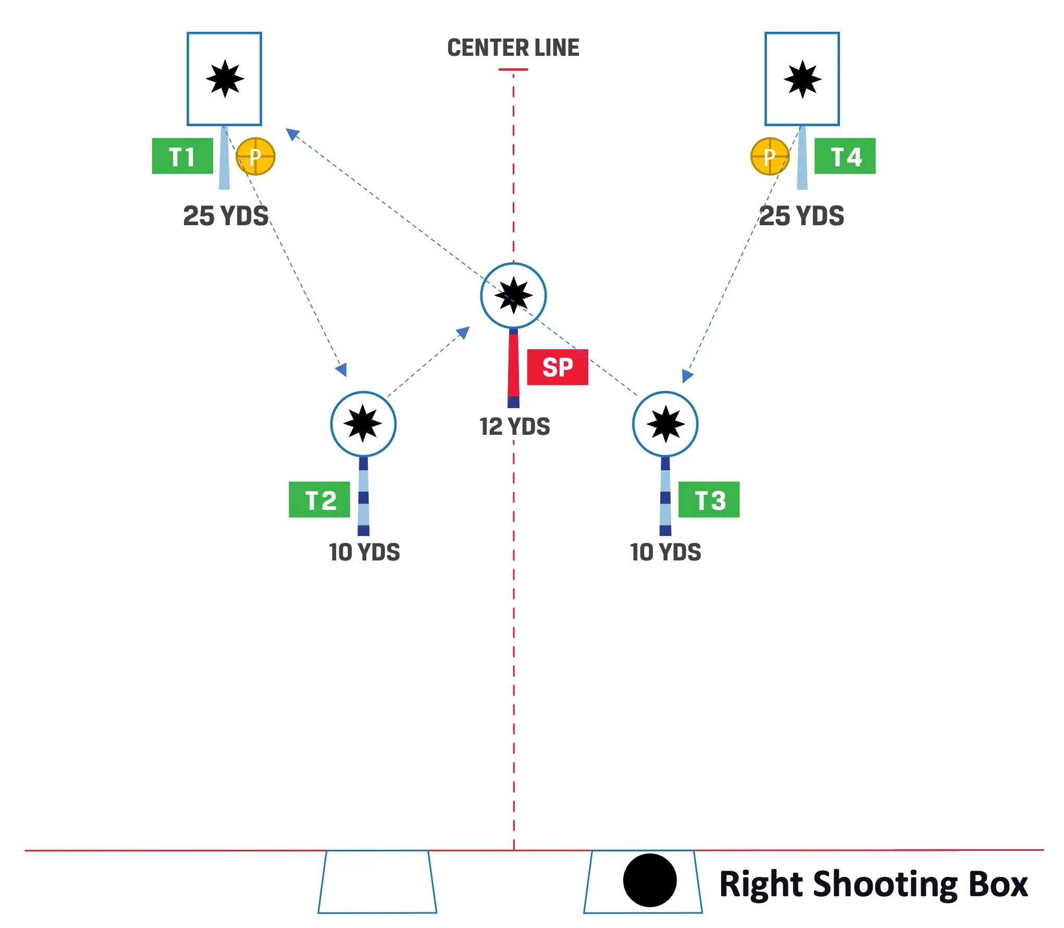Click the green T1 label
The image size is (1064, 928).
(182, 156)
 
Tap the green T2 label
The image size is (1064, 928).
(319, 500)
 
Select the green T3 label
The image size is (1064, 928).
(709, 500)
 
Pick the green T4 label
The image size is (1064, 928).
(845, 156)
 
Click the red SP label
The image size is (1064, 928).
(558, 368)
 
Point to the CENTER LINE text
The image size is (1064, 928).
(513, 48)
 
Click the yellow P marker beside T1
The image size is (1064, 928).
(255, 156)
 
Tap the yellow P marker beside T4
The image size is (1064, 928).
(770, 156)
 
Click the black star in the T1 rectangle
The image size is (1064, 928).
(225, 79)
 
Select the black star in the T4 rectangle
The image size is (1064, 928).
(802, 79)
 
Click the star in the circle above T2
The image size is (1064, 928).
(363, 424)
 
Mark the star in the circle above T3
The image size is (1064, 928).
(665, 424)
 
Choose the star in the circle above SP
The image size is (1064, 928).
(513, 296)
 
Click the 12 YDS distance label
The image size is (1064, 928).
(515, 427)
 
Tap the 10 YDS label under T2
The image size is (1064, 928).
(364, 552)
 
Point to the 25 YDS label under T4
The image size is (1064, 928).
(801, 216)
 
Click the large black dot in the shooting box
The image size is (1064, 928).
(650, 880)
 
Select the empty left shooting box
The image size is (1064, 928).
(377, 882)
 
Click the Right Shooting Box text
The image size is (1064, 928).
(873, 885)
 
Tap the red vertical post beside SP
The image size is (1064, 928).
(513, 365)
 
